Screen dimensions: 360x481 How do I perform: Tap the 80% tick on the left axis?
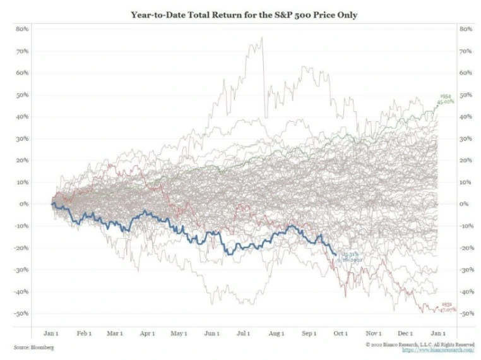[22, 29]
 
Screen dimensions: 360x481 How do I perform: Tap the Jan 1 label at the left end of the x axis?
[52, 333]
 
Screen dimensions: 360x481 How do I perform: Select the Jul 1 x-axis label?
[244, 333]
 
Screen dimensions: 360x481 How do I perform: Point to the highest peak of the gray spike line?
[261, 37]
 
